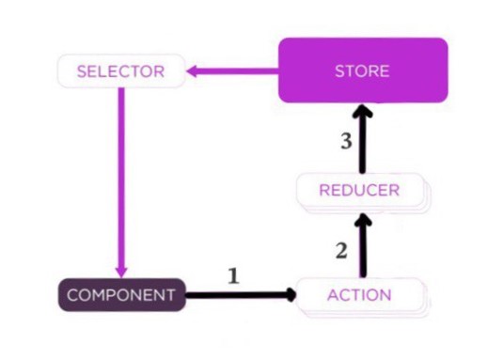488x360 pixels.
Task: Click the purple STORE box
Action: [x=361, y=70]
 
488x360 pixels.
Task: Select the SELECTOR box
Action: [x=119, y=71]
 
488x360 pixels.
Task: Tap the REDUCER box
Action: [x=358, y=191]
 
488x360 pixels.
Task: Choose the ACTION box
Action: [x=358, y=294]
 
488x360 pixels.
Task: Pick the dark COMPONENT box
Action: [x=119, y=294]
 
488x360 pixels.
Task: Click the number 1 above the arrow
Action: [x=234, y=275]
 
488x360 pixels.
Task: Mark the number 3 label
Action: [x=346, y=143]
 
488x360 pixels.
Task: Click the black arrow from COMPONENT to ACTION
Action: [x=240, y=294]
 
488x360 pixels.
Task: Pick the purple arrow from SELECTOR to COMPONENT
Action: [x=120, y=179]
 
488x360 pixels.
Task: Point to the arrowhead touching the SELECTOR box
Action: [x=192, y=71]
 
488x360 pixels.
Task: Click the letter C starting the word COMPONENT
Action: [x=71, y=295]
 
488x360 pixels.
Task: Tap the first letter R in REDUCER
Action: [x=323, y=191]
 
